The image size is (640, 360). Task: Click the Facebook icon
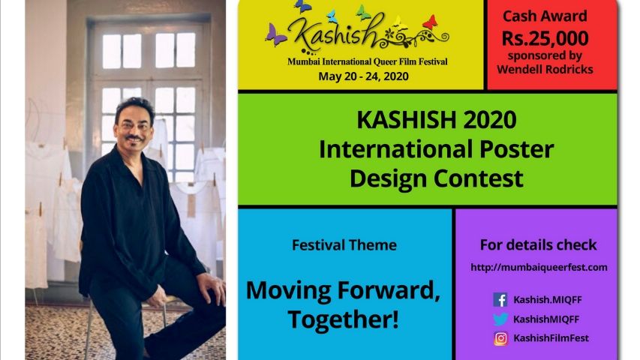pos(500,299)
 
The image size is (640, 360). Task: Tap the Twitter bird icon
pos(500,319)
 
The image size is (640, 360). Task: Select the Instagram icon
pos(500,338)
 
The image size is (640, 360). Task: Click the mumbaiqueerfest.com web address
pos(539,267)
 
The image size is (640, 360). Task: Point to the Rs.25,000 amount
pos(545,38)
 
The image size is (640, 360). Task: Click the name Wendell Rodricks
pos(545,70)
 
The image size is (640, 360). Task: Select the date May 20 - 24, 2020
pos(363,76)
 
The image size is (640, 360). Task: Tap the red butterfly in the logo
pos(430,22)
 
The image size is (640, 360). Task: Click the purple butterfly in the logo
pos(275,35)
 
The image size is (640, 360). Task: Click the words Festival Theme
pos(344,245)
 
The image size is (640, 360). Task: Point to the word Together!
pos(343,319)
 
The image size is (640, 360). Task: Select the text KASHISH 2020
pos(437,119)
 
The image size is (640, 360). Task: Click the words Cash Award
pos(545,16)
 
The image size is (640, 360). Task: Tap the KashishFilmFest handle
pos(551,338)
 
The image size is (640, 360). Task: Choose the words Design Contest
pos(437,178)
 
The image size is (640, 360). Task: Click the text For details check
pos(539,245)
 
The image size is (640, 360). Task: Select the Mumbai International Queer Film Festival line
pos(368,61)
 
